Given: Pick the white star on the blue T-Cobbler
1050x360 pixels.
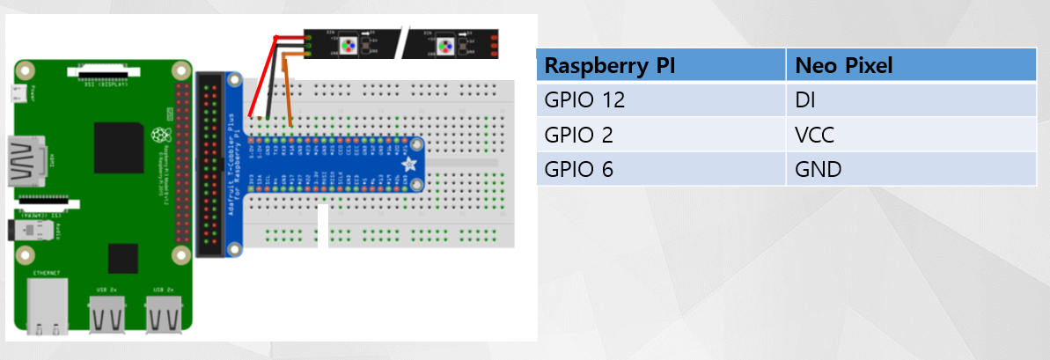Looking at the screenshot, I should click(x=408, y=165).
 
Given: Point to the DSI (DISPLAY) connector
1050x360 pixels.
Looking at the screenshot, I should click(x=104, y=75).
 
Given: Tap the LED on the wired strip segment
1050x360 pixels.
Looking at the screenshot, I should click(x=349, y=41).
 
